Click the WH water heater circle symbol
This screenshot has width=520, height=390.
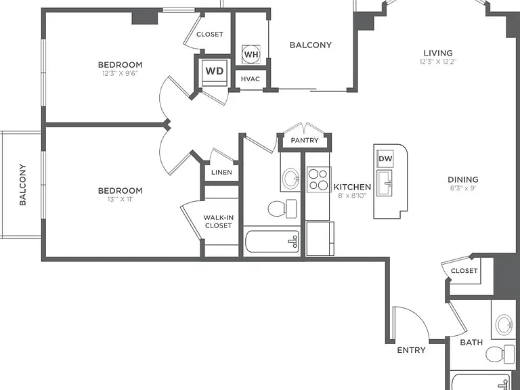pos(251,54)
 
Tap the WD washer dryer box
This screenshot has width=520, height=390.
pos(215,72)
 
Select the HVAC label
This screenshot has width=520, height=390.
pos(251,79)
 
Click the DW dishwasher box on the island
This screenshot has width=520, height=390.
pos(385,158)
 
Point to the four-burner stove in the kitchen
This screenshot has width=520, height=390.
pos(318,179)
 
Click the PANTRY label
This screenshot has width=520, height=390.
pos(305,140)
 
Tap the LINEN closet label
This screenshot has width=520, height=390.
pos(221,173)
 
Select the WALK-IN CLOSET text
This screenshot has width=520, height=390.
pos(218,221)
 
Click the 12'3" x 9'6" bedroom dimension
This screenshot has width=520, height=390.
pos(120,73)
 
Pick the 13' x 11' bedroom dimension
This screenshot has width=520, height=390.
pos(120,199)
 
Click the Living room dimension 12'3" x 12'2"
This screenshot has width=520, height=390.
pos(438,62)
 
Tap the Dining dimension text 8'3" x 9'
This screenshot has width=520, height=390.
pos(463,188)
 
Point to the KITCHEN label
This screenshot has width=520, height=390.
pos(352,187)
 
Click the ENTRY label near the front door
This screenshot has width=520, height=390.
pos(411,350)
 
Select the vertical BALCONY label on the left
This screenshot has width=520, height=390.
pos(22,185)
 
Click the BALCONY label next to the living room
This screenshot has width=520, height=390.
pos(311,45)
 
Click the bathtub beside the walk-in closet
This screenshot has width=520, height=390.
pos(272,241)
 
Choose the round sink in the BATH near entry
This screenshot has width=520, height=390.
pos(504,324)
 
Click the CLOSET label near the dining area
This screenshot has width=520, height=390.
pos(464,271)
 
